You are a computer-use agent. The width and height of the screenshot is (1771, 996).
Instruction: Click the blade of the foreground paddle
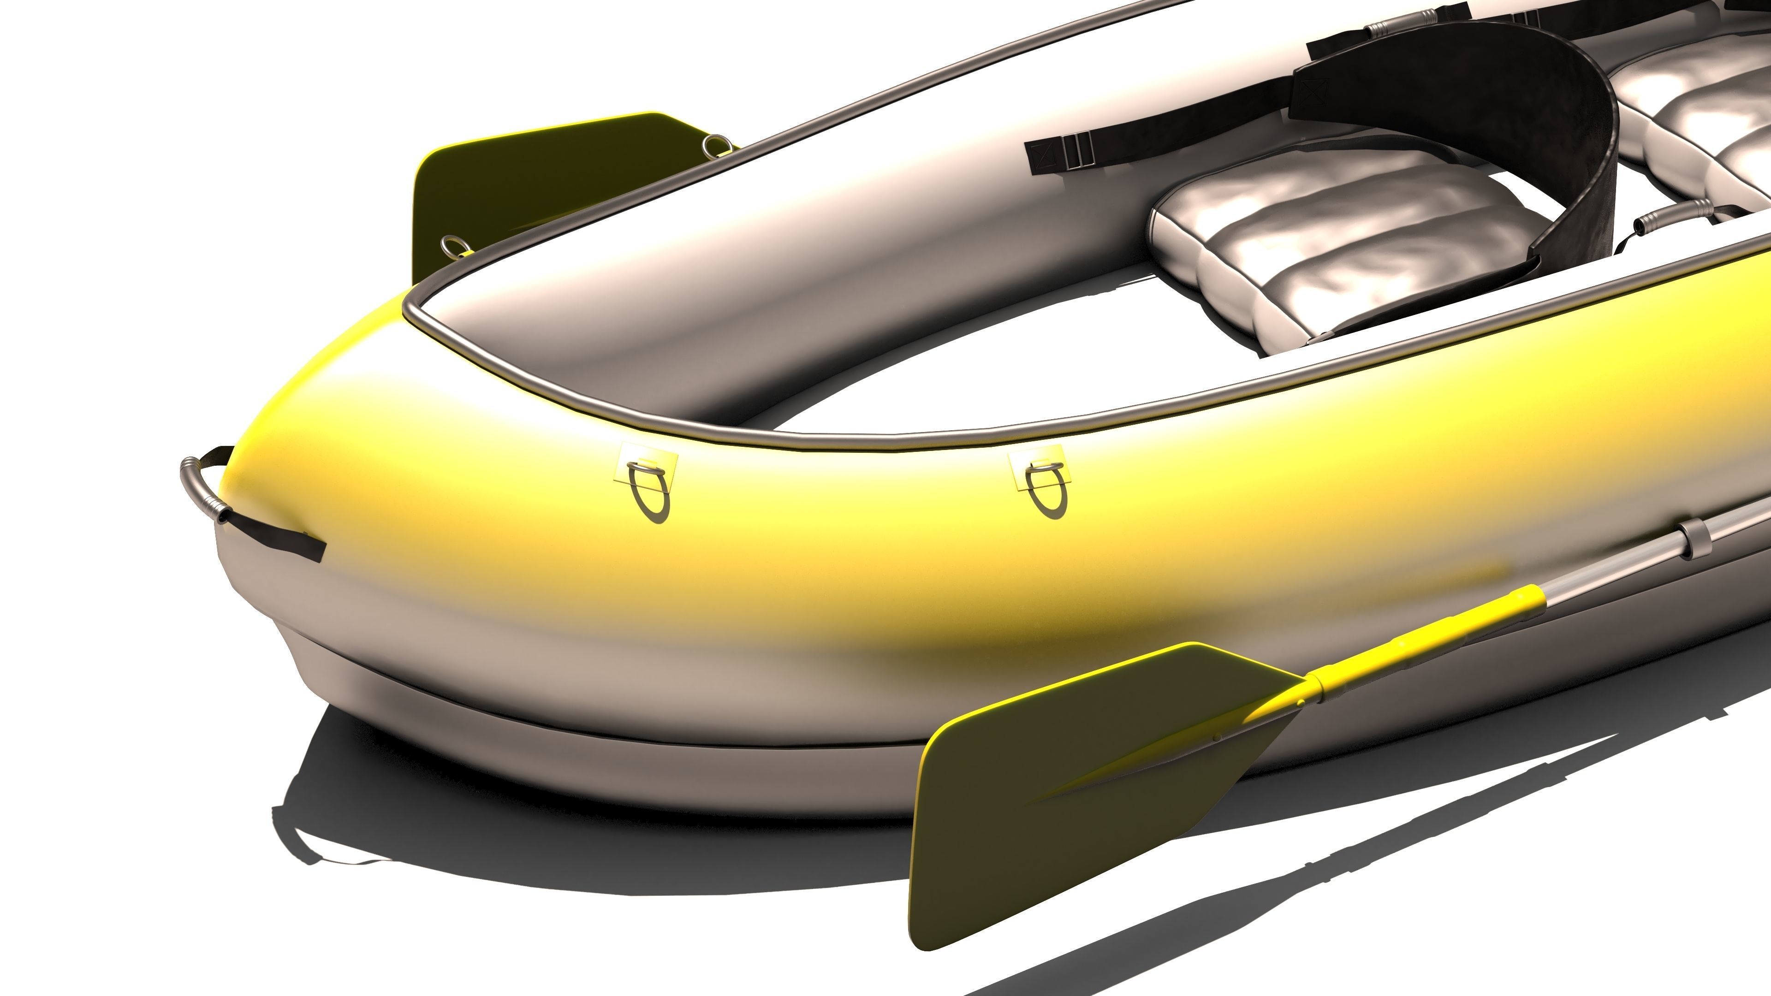pos(1086,790)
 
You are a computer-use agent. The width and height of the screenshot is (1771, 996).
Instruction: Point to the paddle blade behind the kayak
pos(523,185)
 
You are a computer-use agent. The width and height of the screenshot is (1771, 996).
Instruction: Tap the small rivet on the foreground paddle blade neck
pos(1302,702)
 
